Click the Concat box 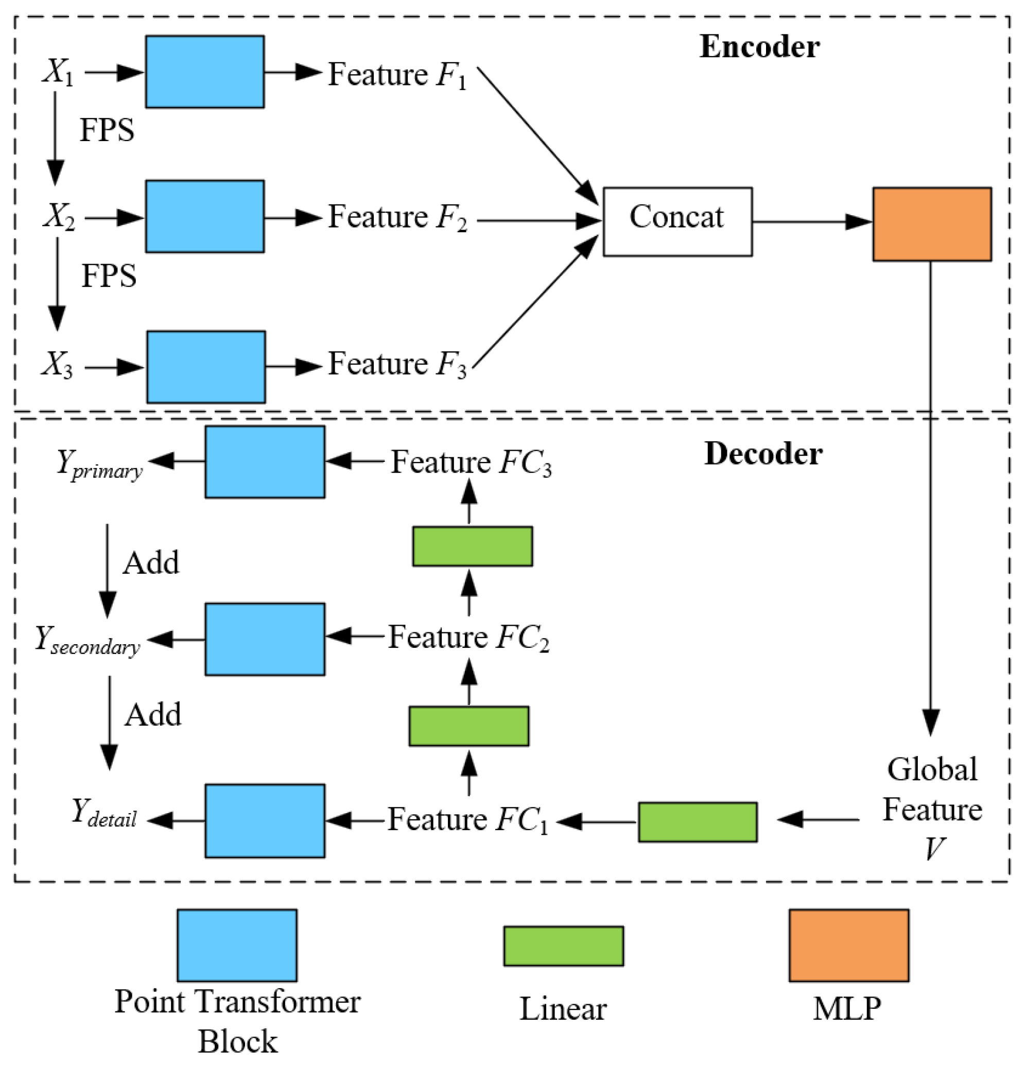coord(677,222)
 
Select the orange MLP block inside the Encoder coord(931,224)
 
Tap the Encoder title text coord(759,47)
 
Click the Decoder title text coord(763,454)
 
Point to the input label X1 coord(58,72)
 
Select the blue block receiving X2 coord(204,216)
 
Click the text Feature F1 coord(397,75)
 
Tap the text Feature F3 coord(397,364)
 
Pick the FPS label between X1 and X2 coord(107,130)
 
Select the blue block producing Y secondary coord(265,639)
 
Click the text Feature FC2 coord(468,638)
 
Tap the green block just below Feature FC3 coord(472,546)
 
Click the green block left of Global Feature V coord(697,822)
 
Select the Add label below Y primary coord(151,563)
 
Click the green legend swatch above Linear coord(563,946)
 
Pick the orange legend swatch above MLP coord(848,945)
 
